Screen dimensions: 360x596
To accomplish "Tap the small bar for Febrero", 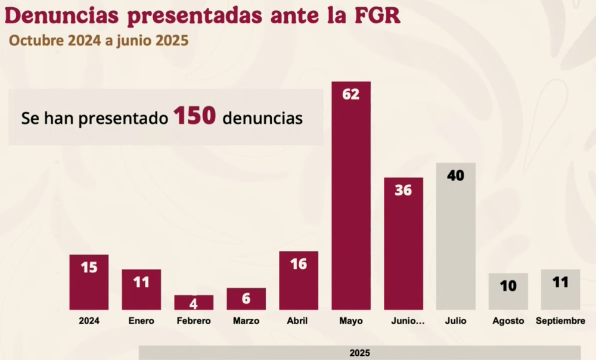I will (194, 302).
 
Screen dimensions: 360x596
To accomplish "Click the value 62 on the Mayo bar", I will (351, 94).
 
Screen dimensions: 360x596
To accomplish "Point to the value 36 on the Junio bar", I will (403, 191).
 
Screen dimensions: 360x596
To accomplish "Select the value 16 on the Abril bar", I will (299, 263).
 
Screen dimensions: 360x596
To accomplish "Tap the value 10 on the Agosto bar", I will (508, 286).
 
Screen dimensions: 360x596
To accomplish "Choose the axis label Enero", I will (141, 321).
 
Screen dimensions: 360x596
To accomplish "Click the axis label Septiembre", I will (560, 321).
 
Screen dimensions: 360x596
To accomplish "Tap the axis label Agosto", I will (508, 321).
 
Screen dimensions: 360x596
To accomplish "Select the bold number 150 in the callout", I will (194, 117).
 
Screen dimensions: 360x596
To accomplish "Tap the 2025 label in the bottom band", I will (360, 353).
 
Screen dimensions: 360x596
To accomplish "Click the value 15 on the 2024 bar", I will (89, 267).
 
